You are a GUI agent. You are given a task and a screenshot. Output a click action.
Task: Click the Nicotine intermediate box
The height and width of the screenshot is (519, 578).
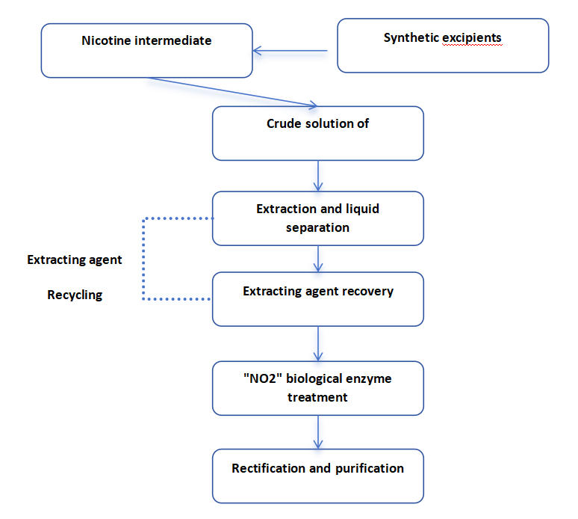(x=146, y=50)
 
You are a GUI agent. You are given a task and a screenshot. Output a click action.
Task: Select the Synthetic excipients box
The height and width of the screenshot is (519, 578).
(x=443, y=46)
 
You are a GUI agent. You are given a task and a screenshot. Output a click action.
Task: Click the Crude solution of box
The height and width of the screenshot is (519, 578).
(x=318, y=133)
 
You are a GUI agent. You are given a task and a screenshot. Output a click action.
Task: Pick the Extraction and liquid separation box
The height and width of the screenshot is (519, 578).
(x=318, y=218)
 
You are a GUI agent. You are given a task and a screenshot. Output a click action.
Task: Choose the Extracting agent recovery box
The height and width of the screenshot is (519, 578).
(x=318, y=299)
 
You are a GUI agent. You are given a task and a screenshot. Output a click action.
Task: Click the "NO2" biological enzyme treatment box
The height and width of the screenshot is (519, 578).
(x=318, y=388)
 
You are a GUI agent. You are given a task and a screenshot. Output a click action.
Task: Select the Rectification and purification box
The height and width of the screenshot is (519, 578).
(x=318, y=476)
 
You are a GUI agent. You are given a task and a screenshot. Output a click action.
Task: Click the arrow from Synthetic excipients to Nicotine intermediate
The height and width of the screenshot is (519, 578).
(x=291, y=52)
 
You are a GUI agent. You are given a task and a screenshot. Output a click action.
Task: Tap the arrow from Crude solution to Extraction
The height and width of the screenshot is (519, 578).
(x=319, y=176)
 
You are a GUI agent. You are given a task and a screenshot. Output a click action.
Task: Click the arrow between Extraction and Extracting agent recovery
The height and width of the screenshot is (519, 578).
(x=319, y=259)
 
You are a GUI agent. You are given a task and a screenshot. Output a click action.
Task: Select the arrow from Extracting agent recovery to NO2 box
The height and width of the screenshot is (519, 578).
(x=319, y=343)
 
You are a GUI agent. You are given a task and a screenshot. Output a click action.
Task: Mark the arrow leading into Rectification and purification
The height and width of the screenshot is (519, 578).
(x=319, y=432)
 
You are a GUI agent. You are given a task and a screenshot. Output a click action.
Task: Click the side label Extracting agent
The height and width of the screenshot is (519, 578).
(x=75, y=260)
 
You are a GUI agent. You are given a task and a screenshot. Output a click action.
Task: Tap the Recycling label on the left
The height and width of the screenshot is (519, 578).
(x=75, y=295)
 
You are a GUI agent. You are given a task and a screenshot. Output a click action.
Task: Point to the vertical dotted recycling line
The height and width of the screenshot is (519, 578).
(x=143, y=259)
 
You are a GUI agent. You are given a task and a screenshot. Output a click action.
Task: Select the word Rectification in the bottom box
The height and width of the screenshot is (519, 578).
(x=270, y=468)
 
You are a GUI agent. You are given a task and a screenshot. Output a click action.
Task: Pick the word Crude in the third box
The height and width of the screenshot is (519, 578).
(x=284, y=123)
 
